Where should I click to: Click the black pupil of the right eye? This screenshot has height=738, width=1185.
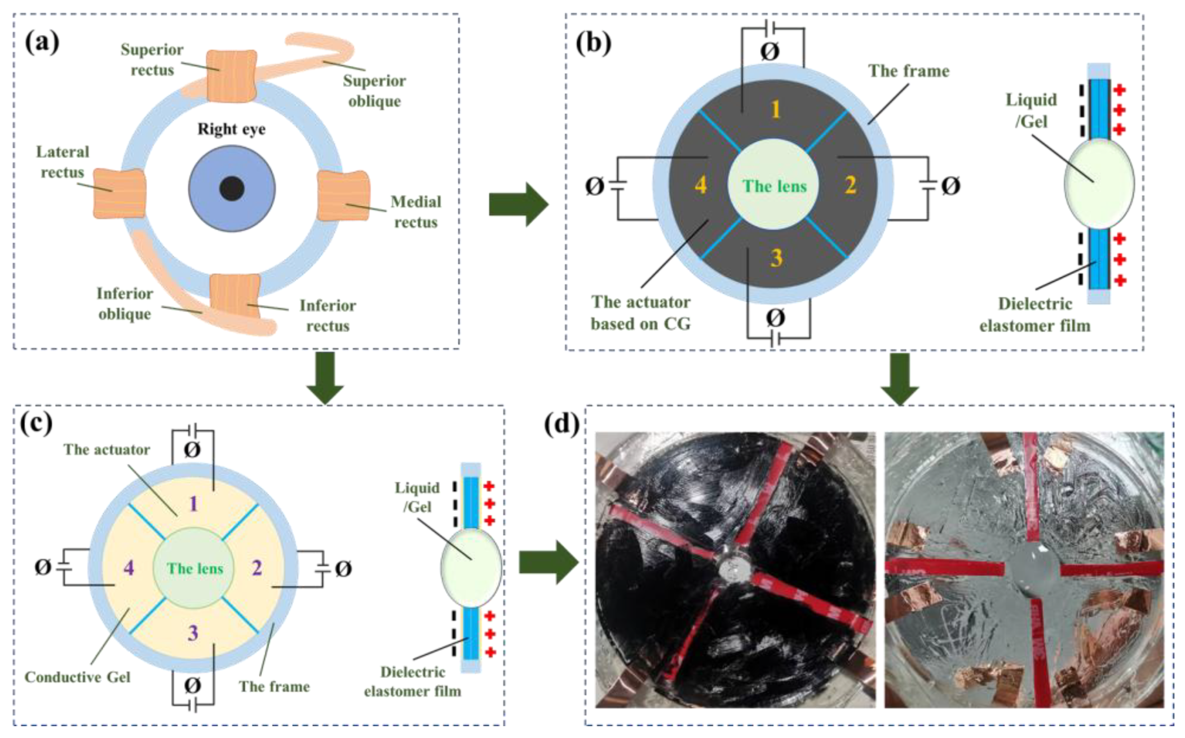tap(232, 189)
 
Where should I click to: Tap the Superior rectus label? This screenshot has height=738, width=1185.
tap(152, 60)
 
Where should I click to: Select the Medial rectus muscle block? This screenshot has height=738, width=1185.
tap(343, 195)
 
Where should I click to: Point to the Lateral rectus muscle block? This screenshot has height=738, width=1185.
tap(120, 193)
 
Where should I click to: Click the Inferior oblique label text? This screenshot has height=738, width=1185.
tap(125, 304)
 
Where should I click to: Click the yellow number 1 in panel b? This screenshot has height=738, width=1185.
tap(776, 109)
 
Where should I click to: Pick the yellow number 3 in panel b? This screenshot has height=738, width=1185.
tap(776, 258)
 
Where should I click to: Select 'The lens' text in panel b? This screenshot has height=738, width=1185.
tap(774, 186)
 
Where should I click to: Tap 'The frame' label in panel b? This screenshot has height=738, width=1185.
tap(908, 71)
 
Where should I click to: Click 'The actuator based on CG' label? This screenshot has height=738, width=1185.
tap(640, 313)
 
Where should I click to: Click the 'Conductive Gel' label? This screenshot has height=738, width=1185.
tap(77, 677)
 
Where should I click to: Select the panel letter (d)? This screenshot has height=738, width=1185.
tap(561, 423)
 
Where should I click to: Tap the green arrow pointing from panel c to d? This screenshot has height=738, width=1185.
tap(548, 562)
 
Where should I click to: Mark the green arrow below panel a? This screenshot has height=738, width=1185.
tap(325, 377)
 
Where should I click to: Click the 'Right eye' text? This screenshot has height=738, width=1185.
tap(231, 129)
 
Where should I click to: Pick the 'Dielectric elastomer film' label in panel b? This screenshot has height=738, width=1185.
tap(1034, 315)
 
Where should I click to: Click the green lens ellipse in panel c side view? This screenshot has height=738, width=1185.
tap(471, 567)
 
